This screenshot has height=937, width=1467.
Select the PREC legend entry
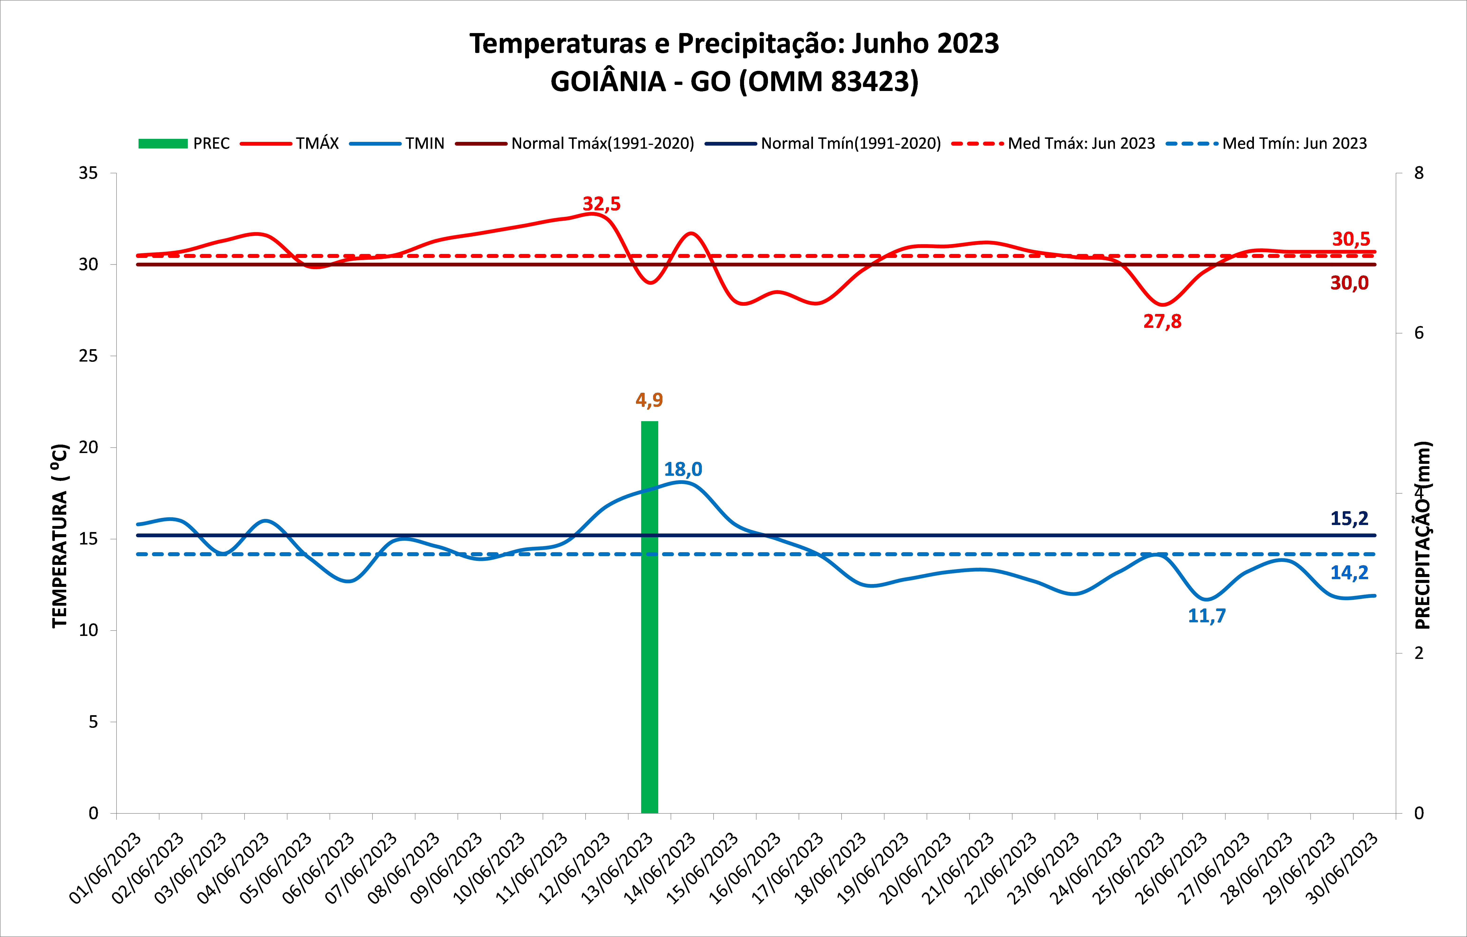[x=184, y=144]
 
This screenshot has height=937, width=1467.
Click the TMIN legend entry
[x=397, y=144]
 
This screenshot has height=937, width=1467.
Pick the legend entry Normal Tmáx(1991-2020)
[x=575, y=144]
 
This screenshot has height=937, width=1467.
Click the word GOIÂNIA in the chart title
[x=608, y=82]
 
